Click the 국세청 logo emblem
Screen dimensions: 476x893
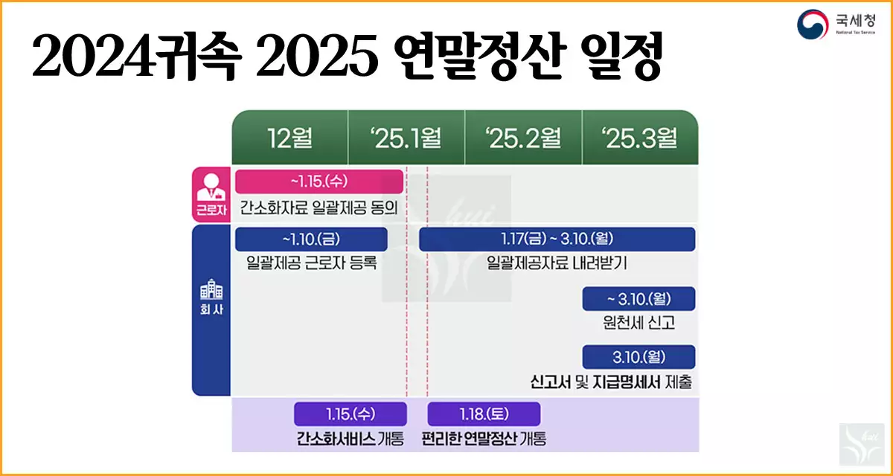point(813,25)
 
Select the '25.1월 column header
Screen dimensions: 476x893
point(406,138)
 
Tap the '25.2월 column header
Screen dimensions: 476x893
point(523,138)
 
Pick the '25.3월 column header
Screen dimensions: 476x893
point(640,138)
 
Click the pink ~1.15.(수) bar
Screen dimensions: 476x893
point(319,181)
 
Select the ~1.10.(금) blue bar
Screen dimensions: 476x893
point(311,239)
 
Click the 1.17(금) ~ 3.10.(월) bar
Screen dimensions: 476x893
point(557,239)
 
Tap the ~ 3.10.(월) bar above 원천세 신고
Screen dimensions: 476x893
point(638,298)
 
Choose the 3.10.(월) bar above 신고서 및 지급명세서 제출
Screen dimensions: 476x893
point(638,356)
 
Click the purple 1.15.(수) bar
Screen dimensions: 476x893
point(351,414)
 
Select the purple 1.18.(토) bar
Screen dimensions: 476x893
point(484,414)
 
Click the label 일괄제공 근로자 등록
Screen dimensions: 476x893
point(312,263)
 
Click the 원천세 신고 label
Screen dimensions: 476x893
point(639,322)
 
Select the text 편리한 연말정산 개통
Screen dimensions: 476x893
point(484,438)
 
